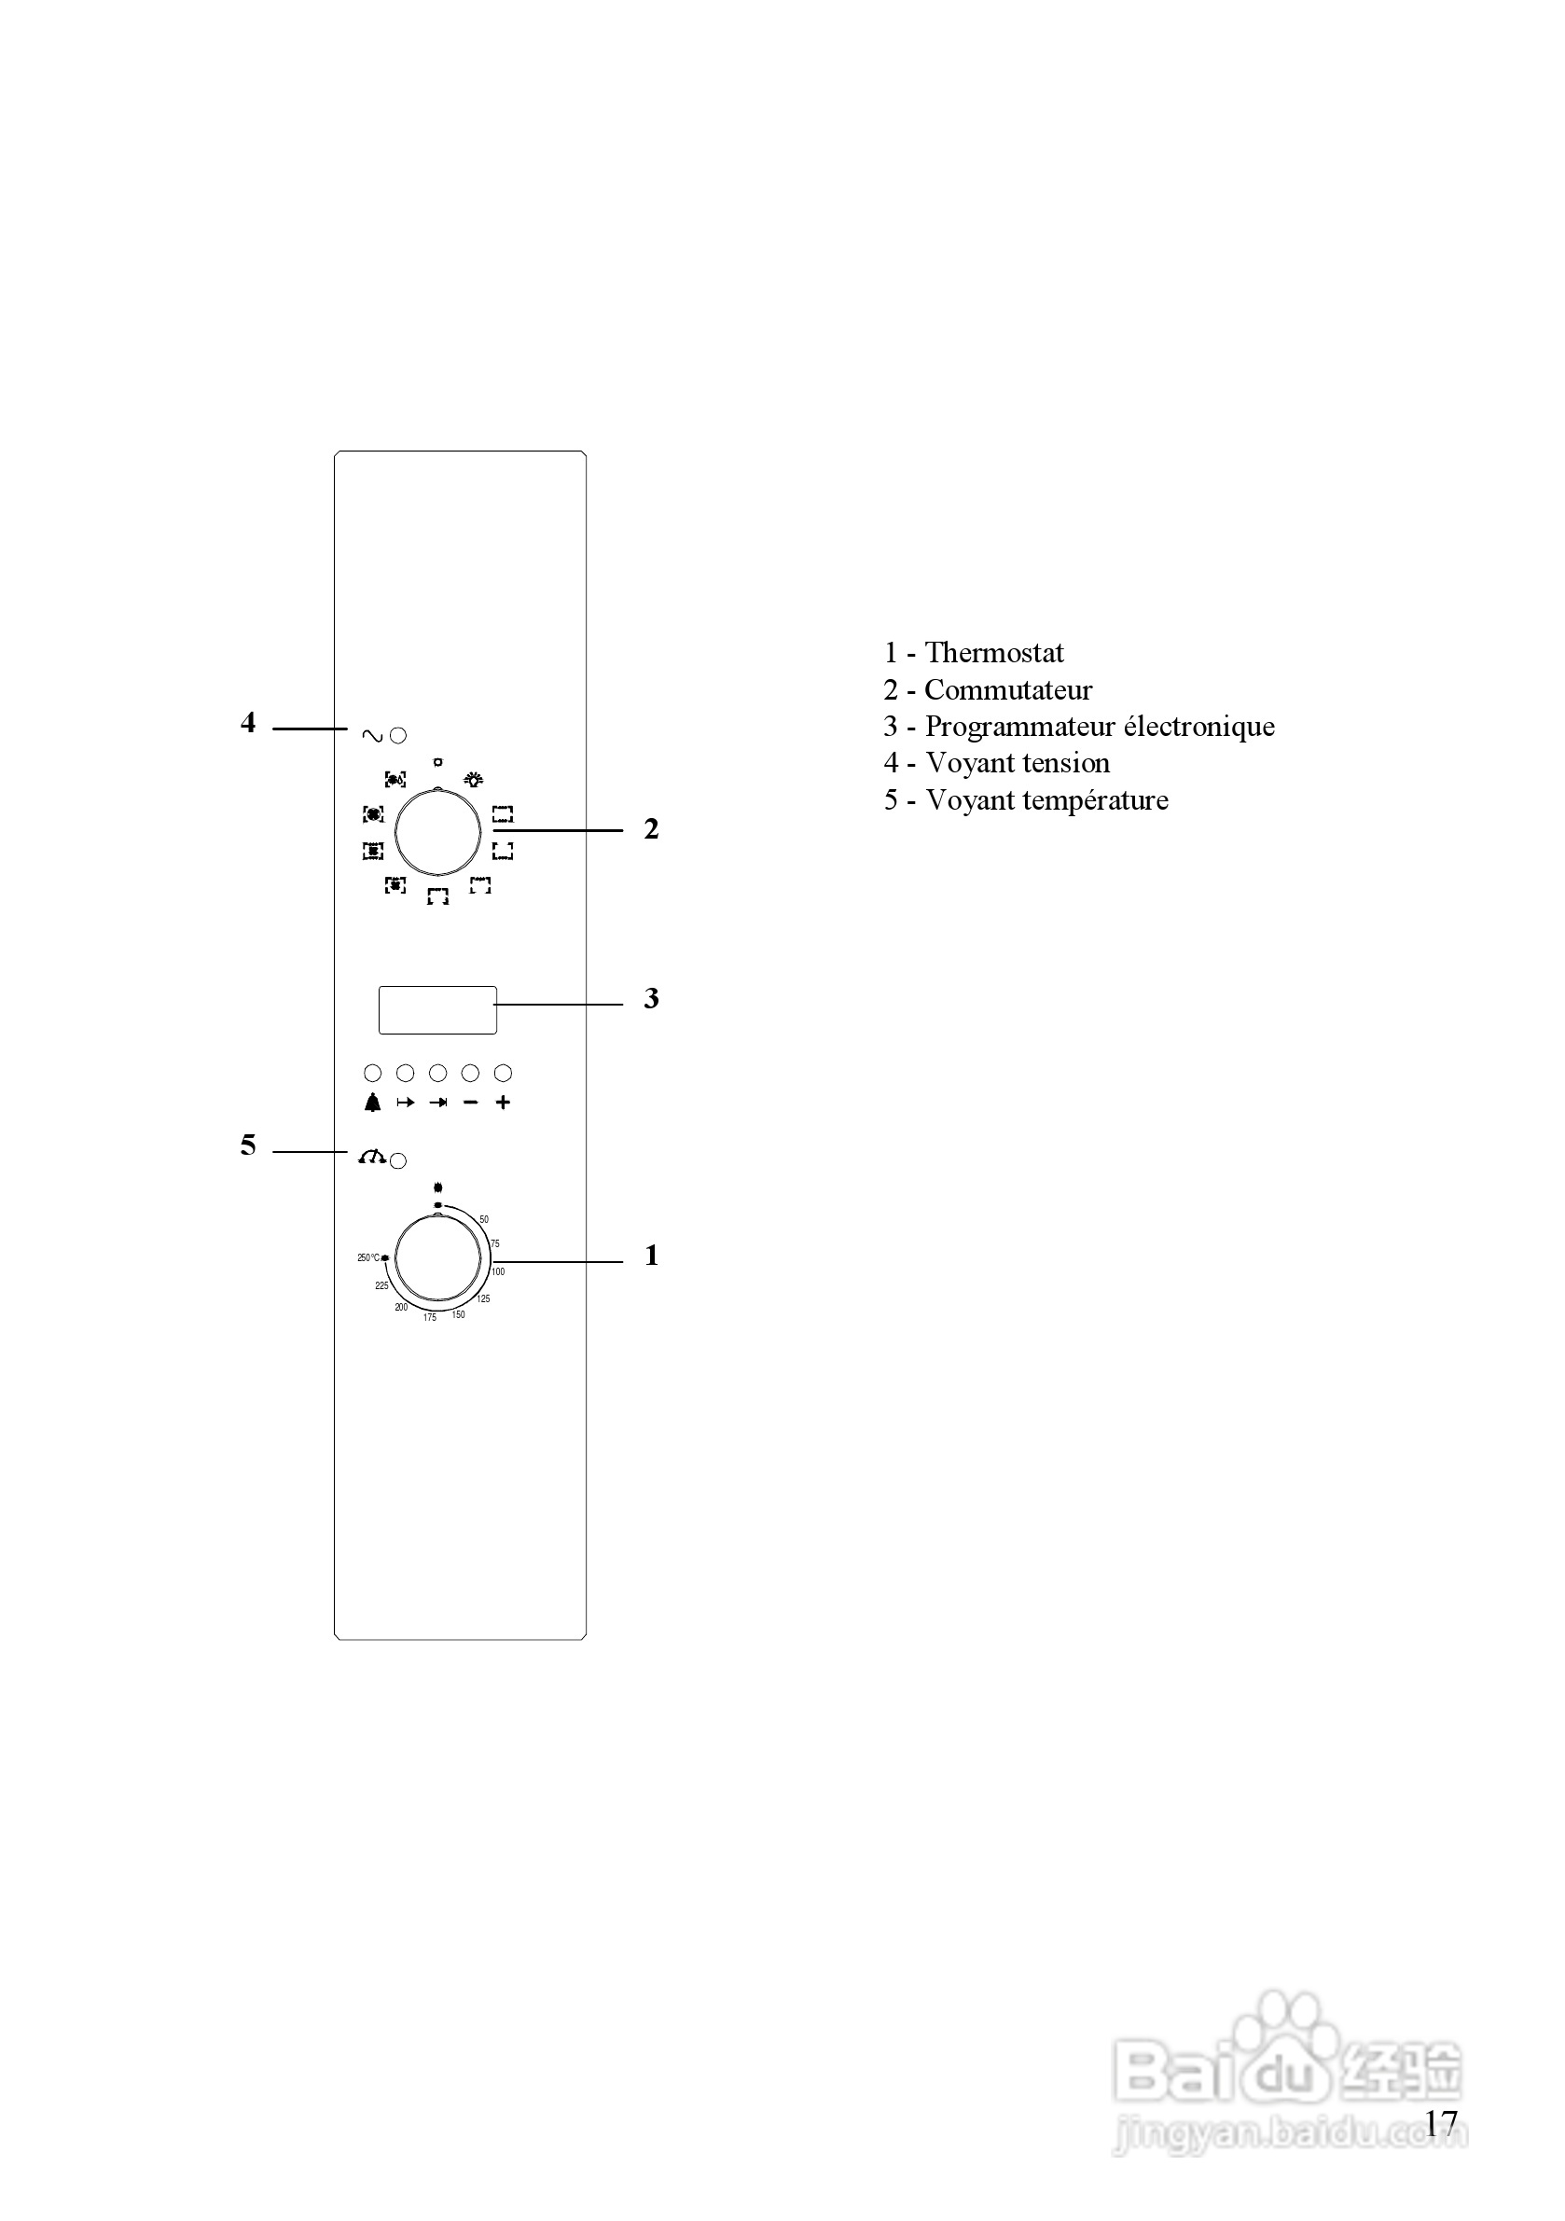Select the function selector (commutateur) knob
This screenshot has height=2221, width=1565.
[x=438, y=832]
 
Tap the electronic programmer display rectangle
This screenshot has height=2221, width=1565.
[x=437, y=1010]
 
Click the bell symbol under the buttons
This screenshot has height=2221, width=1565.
[x=372, y=1103]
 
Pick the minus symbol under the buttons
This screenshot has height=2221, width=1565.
[x=471, y=1103]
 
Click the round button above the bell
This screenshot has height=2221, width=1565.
[x=372, y=1073]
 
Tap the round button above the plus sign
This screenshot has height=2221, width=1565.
[x=503, y=1073]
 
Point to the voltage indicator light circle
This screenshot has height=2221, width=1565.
[x=397, y=735]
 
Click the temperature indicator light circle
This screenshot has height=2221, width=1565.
[x=397, y=1160]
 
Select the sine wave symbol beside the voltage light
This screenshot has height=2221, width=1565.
[x=372, y=736]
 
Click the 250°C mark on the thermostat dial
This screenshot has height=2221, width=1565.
[x=369, y=1257]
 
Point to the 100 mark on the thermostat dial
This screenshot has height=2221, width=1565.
[x=498, y=1271]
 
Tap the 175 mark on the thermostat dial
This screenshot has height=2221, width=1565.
[x=429, y=1317]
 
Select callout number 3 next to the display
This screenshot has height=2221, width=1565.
[x=651, y=998]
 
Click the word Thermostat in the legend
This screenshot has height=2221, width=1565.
[x=994, y=653]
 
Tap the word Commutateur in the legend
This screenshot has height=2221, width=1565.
[x=1008, y=689]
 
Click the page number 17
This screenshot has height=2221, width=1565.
[x=1440, y=2122]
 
